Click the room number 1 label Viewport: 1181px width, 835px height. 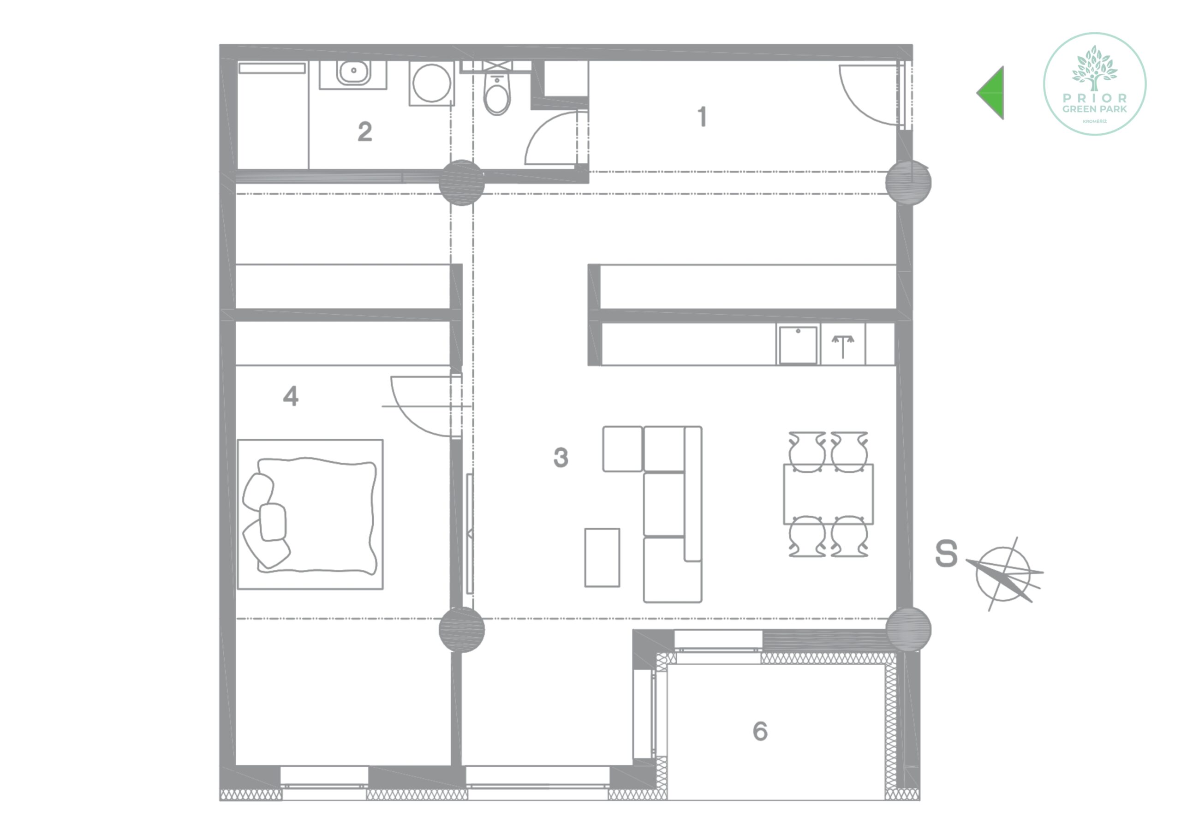702,117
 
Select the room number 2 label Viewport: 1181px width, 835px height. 365,131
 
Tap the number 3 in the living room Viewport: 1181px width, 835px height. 561,457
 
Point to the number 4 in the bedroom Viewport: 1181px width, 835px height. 291,396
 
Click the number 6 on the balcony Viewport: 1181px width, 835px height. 760,731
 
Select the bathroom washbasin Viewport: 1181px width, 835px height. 353,72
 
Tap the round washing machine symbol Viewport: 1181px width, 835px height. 431,83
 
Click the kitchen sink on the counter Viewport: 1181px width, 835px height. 798,345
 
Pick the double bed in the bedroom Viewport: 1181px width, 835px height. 310,514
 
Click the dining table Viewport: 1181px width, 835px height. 828,495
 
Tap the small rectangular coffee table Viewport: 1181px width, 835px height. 602,558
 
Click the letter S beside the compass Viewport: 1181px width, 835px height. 947,554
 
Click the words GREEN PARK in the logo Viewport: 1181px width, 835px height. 1095,109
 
